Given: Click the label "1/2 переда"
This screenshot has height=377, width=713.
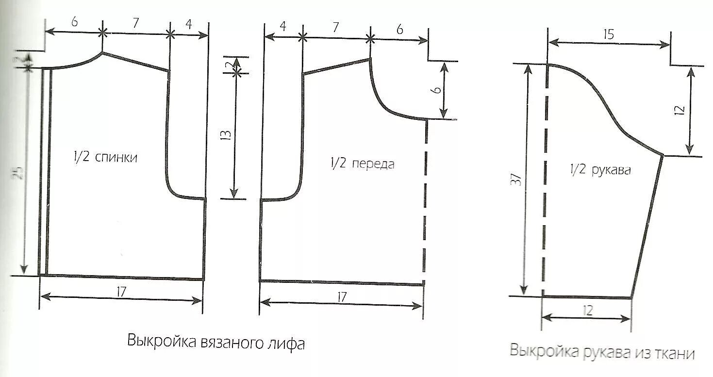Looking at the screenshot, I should tap(363, 164).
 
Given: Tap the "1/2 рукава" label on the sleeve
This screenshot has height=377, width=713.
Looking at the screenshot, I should tap(600, 170).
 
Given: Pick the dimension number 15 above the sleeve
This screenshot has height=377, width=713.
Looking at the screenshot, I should tap(609, 34).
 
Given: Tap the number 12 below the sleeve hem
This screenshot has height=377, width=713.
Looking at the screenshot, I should tap(587, 310).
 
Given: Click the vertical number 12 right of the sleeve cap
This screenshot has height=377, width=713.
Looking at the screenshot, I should tap(680, 110).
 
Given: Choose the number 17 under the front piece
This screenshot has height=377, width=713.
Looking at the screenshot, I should tap(341, 297).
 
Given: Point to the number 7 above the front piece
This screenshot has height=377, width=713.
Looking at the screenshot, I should tap(335, 27).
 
